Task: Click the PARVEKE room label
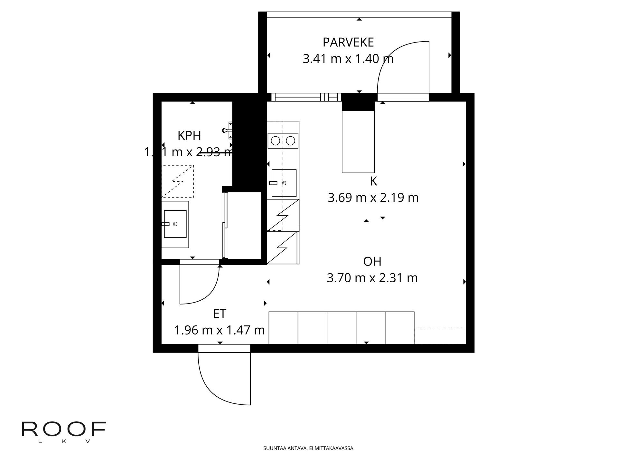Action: click(348, 43)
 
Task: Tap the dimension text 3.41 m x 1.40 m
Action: click(348, 59)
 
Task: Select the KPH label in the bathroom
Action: click(189, 136)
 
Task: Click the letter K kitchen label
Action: click(373, 181)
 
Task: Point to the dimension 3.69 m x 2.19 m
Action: click(373, 198)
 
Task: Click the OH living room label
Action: click(372, 262)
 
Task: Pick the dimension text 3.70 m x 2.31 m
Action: click(372, 278)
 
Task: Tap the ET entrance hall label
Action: click(220, 314)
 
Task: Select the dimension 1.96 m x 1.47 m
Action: click(220, 330)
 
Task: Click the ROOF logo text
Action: click(64, 429)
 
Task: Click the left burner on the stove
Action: click(275, 141)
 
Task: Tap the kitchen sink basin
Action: click(284, 183)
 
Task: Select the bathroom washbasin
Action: click(175, 224)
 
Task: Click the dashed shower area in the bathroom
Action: click(177, 181)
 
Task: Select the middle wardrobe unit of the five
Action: click(342, 328)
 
